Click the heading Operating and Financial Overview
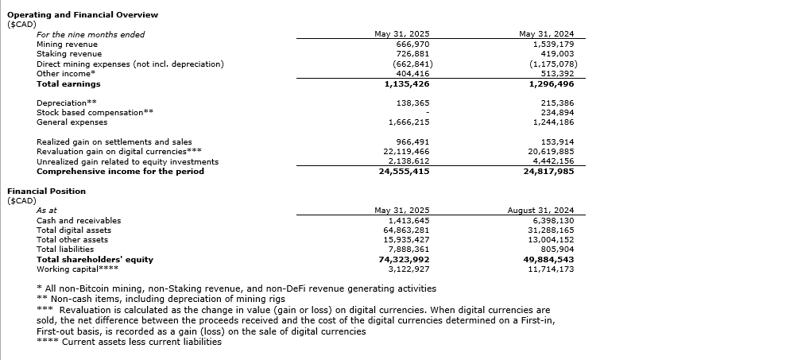[83, 14]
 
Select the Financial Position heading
[46, 191]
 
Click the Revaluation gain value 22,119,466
[406, 151]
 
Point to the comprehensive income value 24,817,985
[551, 171]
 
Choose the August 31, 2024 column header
[540, 211]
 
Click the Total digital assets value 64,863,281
[406, 230]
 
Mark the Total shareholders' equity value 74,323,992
[406, 259]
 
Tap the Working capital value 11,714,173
[551, 269]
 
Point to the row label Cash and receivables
[79, 220]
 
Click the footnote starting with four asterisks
[130, 342]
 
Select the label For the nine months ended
[91, 34]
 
